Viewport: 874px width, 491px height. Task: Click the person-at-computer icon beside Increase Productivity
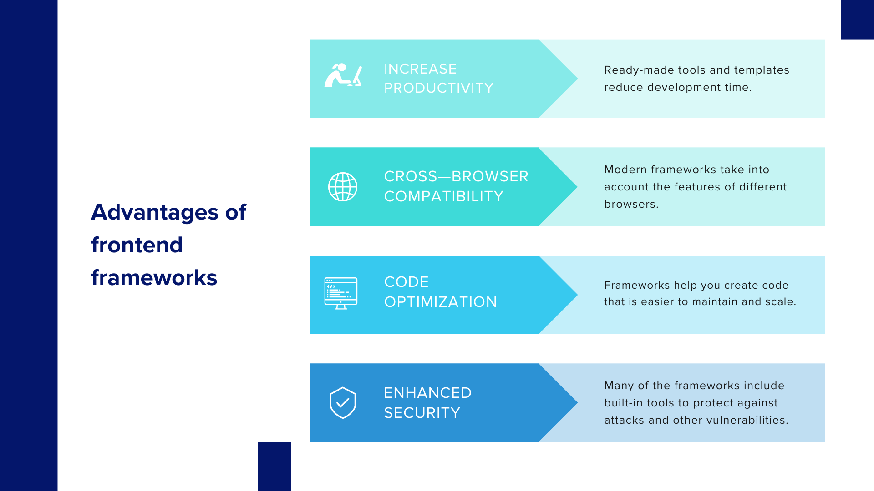tap(343, 75)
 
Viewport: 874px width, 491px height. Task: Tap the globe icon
tap(343, 187)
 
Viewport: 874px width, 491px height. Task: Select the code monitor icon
tap(341, 293)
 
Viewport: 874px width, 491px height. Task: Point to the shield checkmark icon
tap(343, 403)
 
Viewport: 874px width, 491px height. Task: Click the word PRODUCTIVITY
tap(439, 88)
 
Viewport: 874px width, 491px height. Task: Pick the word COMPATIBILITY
tap(444, 196)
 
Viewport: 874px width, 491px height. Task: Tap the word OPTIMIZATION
tap(441, 302)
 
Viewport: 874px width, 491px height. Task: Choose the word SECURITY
tap(422, 413)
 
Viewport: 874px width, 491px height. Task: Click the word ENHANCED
tap(428, 393)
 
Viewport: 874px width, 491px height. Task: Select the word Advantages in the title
tap(155, 213)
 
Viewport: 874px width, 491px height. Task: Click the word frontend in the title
tap(137, 245)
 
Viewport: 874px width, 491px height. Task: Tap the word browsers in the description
tap(630, 204)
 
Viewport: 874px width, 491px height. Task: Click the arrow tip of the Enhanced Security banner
tap(577, 403)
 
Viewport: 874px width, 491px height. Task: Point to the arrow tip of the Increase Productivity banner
tap(577, 79)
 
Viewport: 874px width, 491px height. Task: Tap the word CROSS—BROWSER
tap(457, 176)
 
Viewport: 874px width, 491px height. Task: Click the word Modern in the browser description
tap(625, 170)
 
